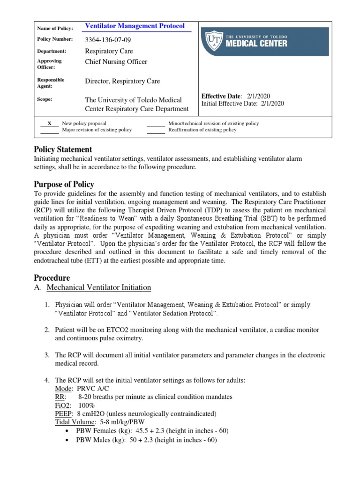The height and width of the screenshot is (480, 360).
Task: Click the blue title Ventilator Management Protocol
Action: pyautogui.click(x=135, y=26)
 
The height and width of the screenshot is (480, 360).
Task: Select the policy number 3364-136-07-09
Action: pyautogui.click(x=108, y=39)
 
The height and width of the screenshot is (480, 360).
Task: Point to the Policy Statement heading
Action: pyautogui.click(x=63, y=150)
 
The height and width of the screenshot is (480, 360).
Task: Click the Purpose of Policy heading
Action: pyautogui.click(x=64, y=184)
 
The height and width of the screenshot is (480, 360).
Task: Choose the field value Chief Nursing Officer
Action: pyautogui.click(x=116, y=62)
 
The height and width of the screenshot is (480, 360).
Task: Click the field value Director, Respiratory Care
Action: pyautogui.click(x=122, y=81)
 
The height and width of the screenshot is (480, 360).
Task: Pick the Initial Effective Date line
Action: pyautogui.click(x=242, y=104)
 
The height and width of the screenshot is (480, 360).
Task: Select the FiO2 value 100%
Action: pyautogui.click(x=87, y=405)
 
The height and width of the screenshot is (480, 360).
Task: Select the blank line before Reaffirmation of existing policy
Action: pyautogui.click(x=156, y=133)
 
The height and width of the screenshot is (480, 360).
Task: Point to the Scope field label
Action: pyautogui.click(x=45, y=99)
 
